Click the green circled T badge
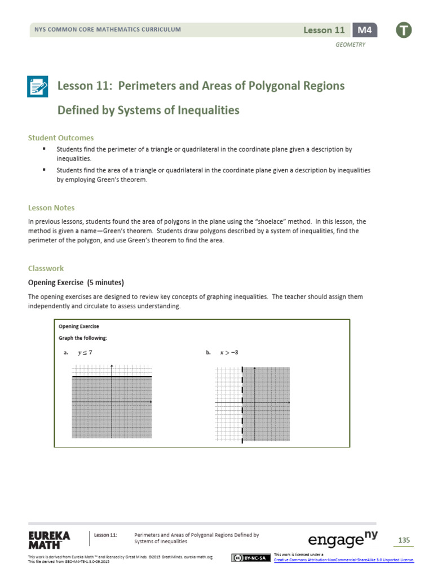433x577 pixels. pos(403,30)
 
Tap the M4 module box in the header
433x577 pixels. pos(365,30)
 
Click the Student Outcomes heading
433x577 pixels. pos(61,137)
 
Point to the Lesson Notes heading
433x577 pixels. pos(51,208)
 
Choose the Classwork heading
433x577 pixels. pos(46,269)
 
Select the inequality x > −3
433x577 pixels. pos(228,353)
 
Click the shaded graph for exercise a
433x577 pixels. pos(112,411)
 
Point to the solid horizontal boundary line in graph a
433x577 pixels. pos(112,376)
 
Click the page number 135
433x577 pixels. pos(404,540)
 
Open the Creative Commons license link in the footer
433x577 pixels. pos(343,560)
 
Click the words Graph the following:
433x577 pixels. pos(83,338)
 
